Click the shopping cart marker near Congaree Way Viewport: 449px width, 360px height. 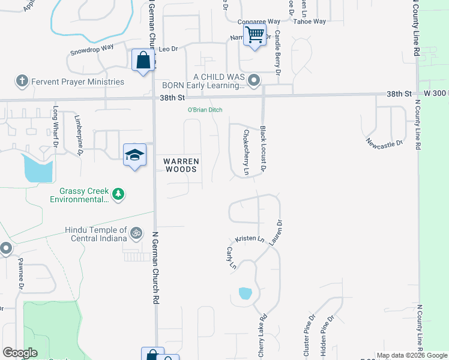[255, 35]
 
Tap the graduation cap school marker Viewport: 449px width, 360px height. [134, 155]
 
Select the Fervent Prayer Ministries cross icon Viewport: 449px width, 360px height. [22, 81]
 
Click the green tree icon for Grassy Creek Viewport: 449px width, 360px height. [119, 194]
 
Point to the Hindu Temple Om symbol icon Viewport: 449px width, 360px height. [136, 232]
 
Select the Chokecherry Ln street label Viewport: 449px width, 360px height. [246, 152]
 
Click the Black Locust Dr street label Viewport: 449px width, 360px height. [263, 149]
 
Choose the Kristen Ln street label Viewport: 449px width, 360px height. [250, 239]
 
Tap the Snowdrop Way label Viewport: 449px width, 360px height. [92, 47]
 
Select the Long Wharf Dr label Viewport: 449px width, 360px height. [56, 127]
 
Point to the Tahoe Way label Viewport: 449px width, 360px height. [310, 22]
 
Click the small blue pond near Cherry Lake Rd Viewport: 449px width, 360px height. [245, 293]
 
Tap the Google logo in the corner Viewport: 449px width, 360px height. [20, 353]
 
